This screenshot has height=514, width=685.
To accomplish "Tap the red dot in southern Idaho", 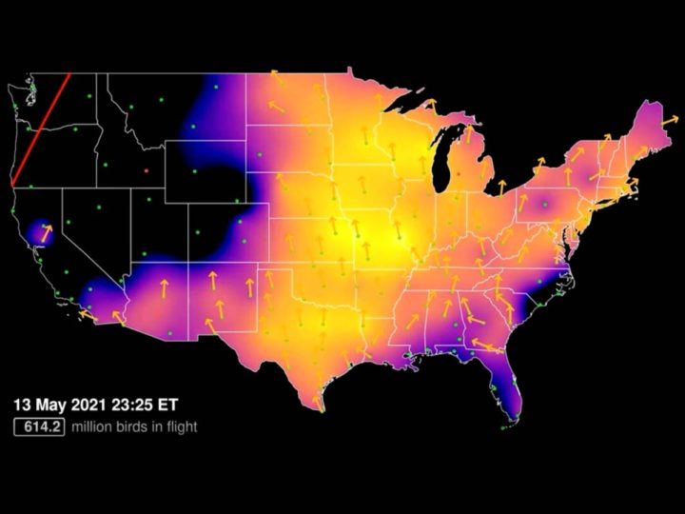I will pos(146,170).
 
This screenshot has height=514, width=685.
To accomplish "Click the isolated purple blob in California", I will pos(42,231).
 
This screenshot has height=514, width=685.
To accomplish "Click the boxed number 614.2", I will pos(38,427).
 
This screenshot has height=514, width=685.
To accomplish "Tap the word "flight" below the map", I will pos(180,427).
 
